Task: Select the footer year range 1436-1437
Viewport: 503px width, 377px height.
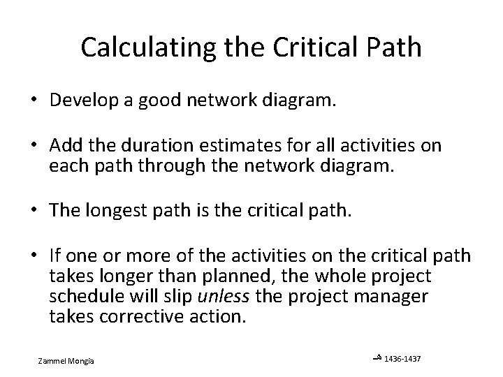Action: [403, 359]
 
